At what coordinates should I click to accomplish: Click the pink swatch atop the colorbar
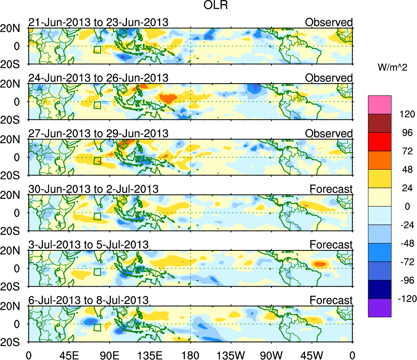(x=380, y=105)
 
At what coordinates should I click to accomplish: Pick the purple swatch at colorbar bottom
(x=380, y=308)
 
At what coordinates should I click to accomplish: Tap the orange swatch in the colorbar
(x=380, y=160)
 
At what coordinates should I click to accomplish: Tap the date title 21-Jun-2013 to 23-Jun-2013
(x=98, y=22)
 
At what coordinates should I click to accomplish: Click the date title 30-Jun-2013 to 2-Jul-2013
(x=93, y=189)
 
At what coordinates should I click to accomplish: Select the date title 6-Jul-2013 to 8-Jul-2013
(x=88, y=300)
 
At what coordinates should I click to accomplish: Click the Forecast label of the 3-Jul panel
(x=331, y=245)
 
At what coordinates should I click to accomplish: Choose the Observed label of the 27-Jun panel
(x=329, y=134)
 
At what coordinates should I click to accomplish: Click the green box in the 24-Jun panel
(x=97, y=105)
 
